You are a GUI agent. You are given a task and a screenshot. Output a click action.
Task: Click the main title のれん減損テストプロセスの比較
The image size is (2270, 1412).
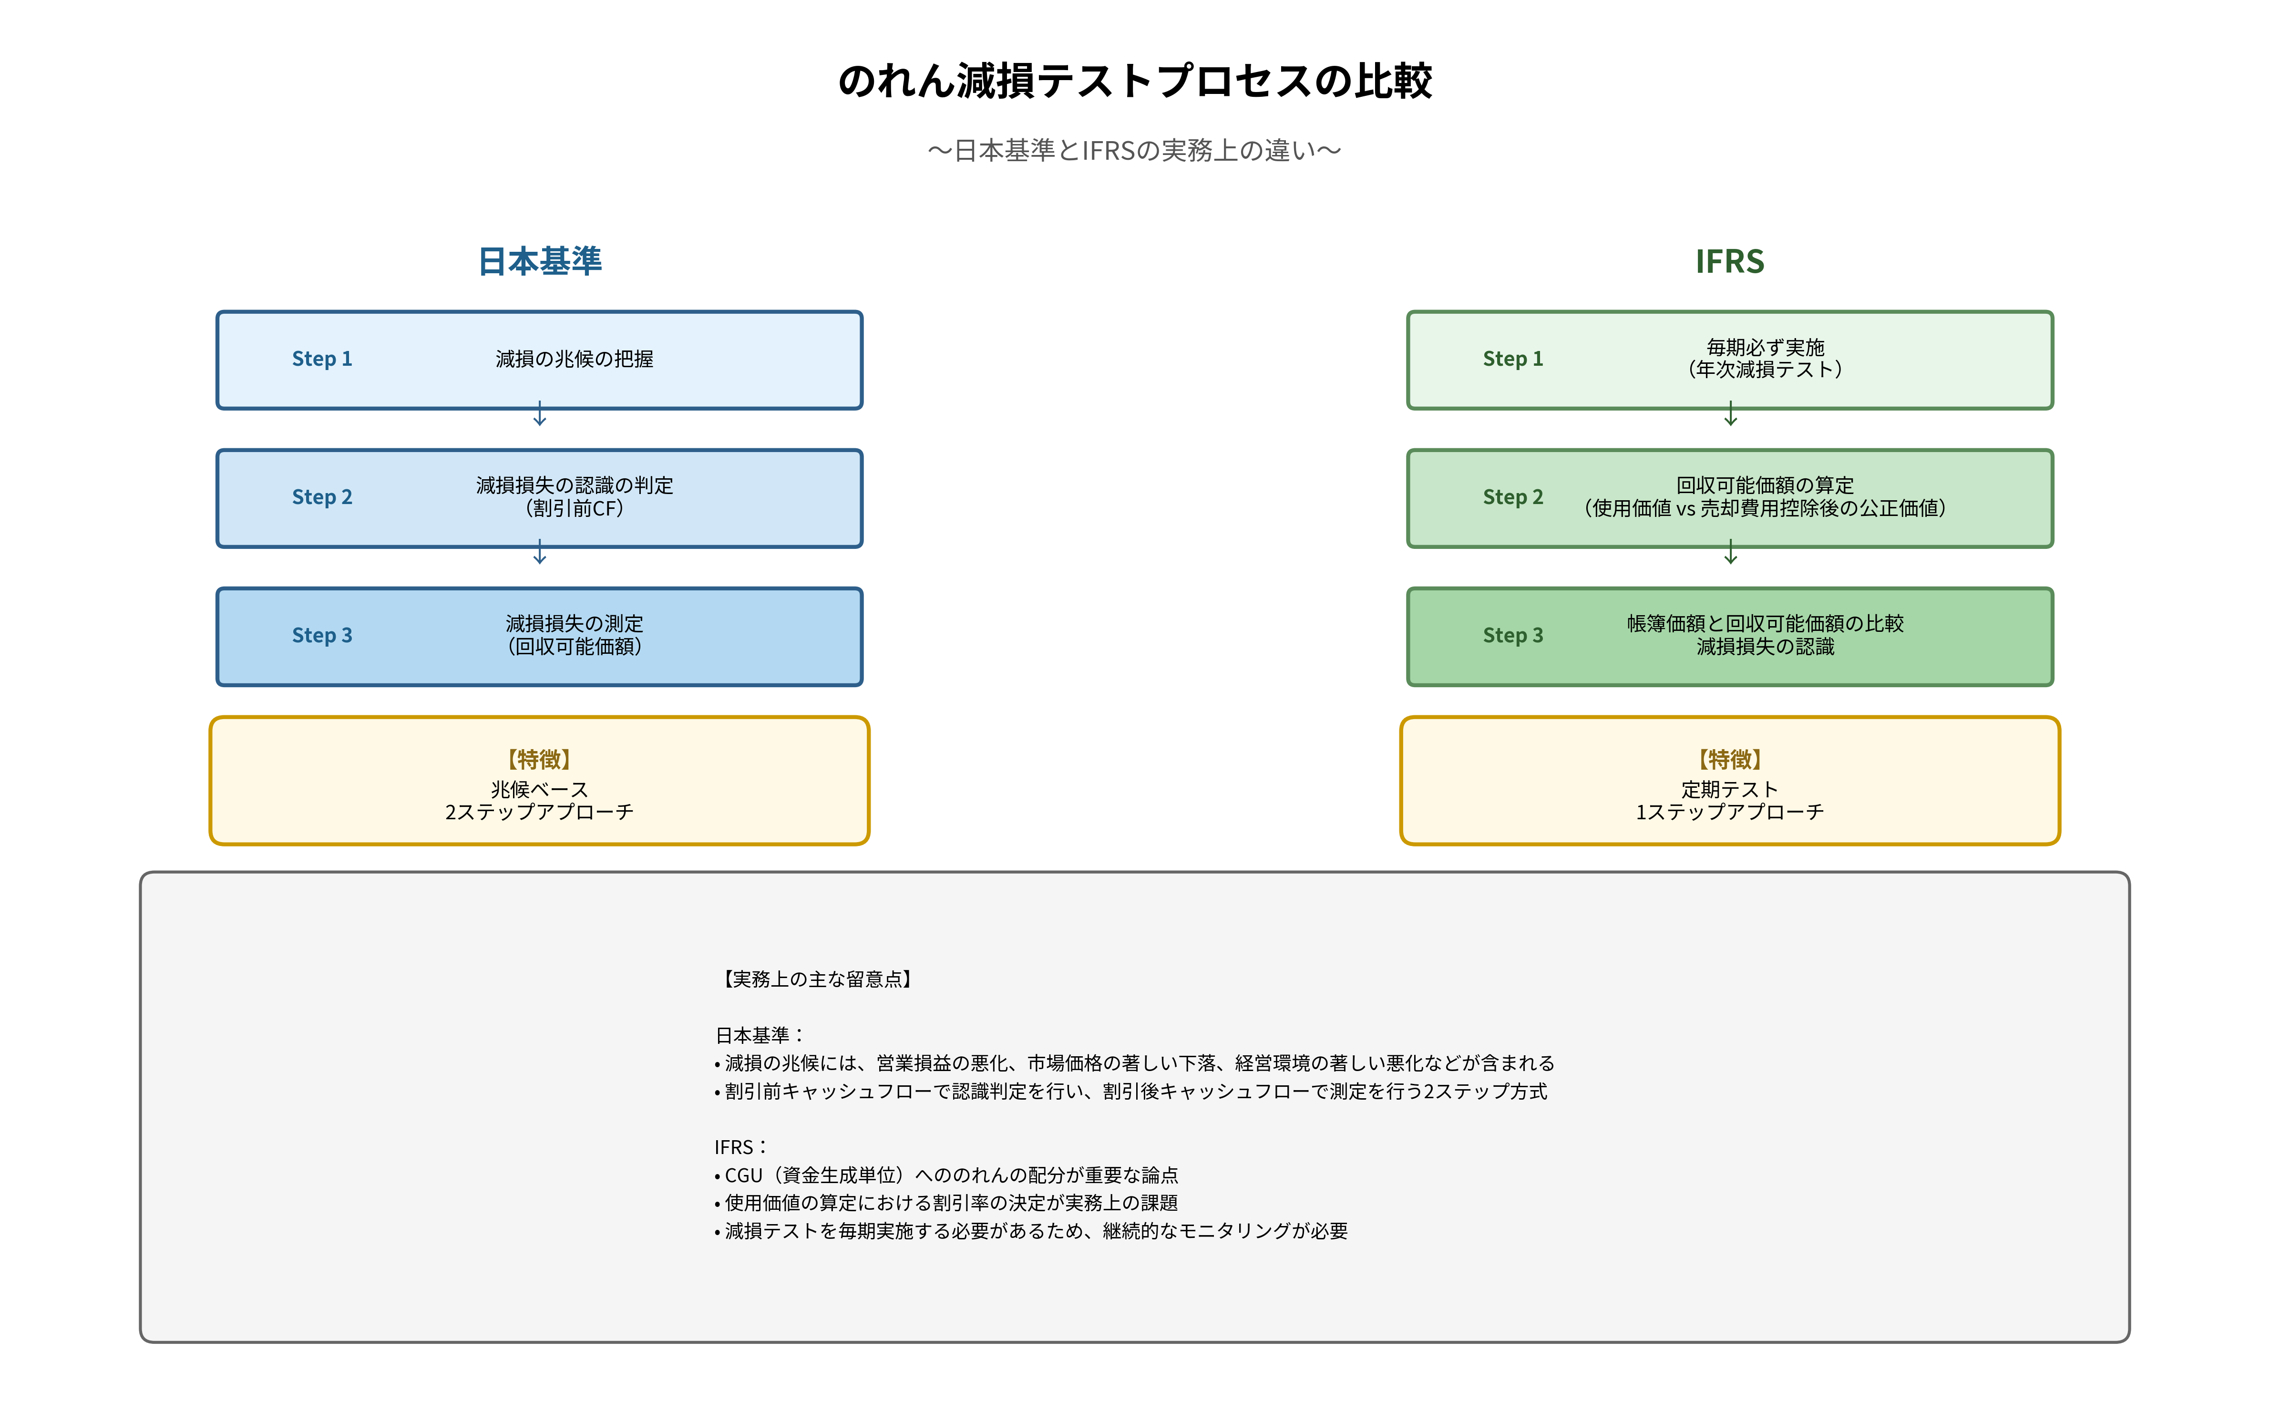(1135, 81)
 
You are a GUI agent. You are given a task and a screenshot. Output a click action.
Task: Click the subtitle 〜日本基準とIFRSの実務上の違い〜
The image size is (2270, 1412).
(1135, 150)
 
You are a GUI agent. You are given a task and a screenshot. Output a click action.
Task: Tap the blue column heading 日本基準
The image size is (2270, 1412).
(540, 261)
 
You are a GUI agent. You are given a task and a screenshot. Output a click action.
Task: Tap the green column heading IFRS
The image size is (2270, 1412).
(1729, 261)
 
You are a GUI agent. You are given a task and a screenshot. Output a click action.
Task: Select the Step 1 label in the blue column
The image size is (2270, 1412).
(322, 360)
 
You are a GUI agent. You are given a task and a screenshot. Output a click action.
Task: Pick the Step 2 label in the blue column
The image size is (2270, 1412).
(322, 498)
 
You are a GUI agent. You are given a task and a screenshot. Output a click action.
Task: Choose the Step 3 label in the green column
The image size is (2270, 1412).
(1513, 636)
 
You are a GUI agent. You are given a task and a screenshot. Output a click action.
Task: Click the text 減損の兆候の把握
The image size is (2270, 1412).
(574, 360)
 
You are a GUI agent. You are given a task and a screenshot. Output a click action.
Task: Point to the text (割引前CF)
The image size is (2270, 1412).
(574, 509)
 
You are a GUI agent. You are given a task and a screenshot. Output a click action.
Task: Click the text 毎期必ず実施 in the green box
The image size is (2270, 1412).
(1765, 347)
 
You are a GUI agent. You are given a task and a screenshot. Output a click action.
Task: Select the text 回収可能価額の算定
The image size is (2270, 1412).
(1765, 485)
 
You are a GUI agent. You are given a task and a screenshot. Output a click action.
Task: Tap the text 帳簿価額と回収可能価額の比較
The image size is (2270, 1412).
(1765, 624)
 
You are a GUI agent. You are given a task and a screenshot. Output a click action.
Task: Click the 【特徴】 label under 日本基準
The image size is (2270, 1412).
(540, 759)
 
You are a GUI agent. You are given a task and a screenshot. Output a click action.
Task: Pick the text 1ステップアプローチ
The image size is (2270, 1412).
(1729, 813)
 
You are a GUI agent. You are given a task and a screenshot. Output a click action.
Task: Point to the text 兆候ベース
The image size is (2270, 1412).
(540, 790)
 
